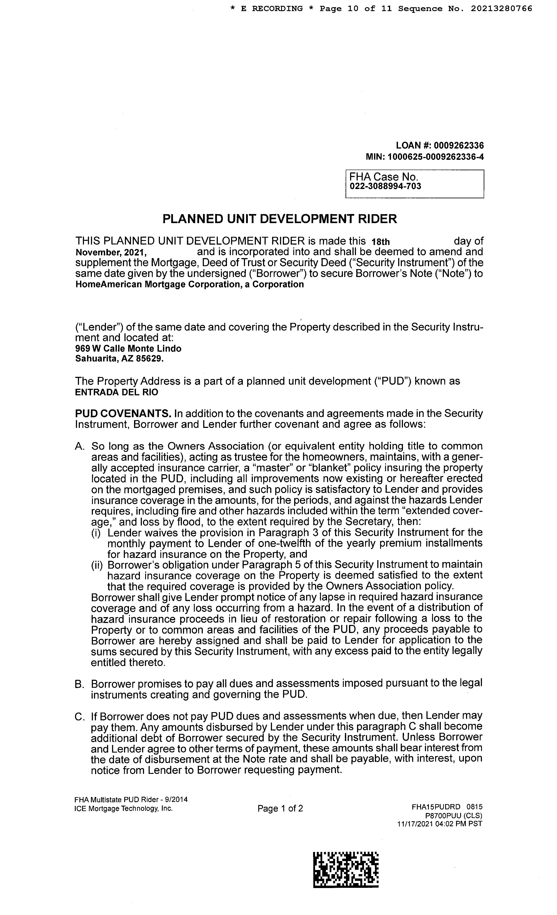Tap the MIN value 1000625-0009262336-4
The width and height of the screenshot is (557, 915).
(x=436, y=157)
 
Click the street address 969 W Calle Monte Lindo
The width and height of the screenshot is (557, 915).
(x=128, y=348)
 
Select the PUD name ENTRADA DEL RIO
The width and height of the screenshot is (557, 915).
(x=116, y=392)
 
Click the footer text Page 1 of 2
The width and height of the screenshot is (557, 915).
(x=280, y=808)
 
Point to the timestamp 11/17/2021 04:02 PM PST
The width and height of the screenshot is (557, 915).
(x=440, y=824)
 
